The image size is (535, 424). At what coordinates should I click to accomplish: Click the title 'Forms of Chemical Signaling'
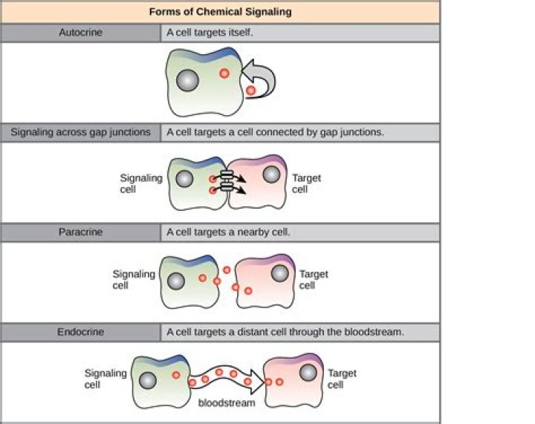click(x=220, y=11)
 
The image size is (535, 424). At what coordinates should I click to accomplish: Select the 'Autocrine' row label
click(x=80, y=33)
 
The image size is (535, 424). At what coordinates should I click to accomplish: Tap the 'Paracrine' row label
click(x=80, y=232)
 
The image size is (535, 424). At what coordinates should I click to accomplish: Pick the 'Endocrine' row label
click(x=80, y=332)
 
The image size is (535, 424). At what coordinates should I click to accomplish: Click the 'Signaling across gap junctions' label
click(x=80, y=132)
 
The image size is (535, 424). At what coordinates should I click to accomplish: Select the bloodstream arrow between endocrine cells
click(x=227, y=379)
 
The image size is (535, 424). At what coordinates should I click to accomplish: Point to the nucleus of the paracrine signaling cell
click(x=176, y=281)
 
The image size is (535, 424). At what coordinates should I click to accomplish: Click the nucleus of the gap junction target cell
click(x=272, y=175)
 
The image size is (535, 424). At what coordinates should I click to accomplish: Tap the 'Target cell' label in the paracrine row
click(x=313, y=280)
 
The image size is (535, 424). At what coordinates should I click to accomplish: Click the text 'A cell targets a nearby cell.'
click(x=228, y=232)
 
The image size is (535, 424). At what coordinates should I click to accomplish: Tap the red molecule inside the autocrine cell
click(x=224, y=74)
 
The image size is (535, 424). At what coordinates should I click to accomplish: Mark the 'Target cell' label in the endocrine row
click(x=342, y=379)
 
